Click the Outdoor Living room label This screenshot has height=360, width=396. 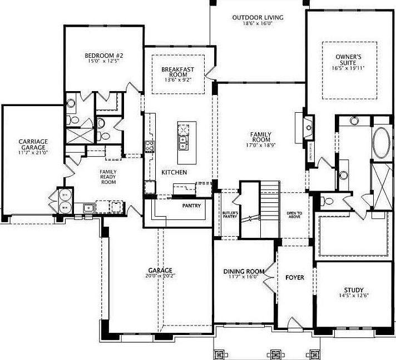[x=258, y=18]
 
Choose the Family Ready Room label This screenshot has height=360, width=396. [x=108, y=177]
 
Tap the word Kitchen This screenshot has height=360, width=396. [x=174, y=173]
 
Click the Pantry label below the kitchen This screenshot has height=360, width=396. [x=191, y=205]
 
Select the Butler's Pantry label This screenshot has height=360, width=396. [x=230, y=215]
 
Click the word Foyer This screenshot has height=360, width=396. [x=295, y=277]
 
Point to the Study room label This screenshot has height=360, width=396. [x=354, y=290]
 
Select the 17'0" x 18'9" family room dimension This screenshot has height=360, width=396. [x=260, y=142]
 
